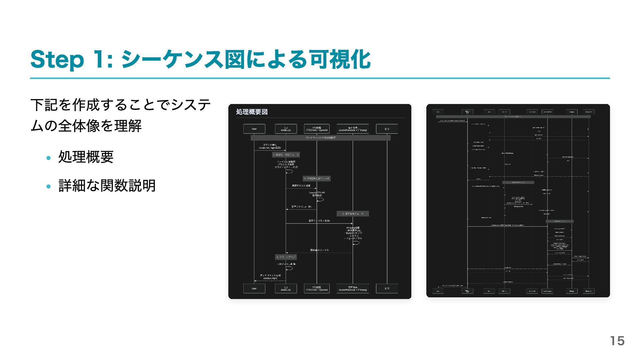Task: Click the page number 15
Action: [617, 341]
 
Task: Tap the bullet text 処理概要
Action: [86, 157]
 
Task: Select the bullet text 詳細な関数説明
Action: [107, 186]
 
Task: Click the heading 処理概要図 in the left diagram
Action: [252, 112]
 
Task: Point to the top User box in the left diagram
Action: [254, 129]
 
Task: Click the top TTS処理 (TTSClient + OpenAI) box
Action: [317, 129]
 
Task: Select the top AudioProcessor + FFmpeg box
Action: [353, 129]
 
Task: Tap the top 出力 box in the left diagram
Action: [387, 129]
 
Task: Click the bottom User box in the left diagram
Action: [254, 288]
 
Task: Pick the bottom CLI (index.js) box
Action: [286, 288]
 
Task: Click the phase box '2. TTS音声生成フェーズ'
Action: [317, 179]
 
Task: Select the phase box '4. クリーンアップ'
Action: [286, 257]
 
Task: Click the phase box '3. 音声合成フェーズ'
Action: [353, 214]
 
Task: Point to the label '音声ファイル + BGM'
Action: [319, 221]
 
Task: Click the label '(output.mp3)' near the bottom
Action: [270, 278]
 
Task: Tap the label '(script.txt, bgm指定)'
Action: [270, 148]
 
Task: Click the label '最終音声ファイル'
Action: [319, 250]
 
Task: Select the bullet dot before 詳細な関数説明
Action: [49, 186]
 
